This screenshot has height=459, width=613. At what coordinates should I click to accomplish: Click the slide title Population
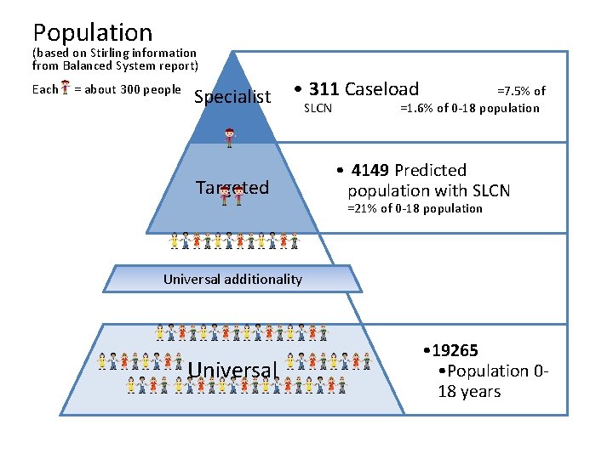93,32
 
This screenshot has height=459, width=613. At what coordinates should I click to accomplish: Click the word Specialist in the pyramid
232,97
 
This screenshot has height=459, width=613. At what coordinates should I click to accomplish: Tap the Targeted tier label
232,187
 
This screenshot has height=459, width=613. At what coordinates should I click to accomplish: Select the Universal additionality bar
232,279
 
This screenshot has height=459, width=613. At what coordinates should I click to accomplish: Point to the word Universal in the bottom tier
233,370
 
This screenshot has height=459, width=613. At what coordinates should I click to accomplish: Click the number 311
324,88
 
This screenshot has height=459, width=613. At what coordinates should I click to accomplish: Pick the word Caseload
381,88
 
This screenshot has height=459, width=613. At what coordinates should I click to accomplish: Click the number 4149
370,170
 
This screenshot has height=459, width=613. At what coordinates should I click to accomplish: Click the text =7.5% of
521,90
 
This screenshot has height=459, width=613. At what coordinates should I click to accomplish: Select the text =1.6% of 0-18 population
469,108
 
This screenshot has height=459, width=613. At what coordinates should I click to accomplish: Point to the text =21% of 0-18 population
415,208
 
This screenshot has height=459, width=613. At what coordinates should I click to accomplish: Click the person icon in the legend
66,89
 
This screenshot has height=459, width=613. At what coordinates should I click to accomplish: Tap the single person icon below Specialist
228,136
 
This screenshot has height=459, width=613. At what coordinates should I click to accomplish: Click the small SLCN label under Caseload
318,108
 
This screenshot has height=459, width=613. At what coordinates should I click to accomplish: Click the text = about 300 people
128,89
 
